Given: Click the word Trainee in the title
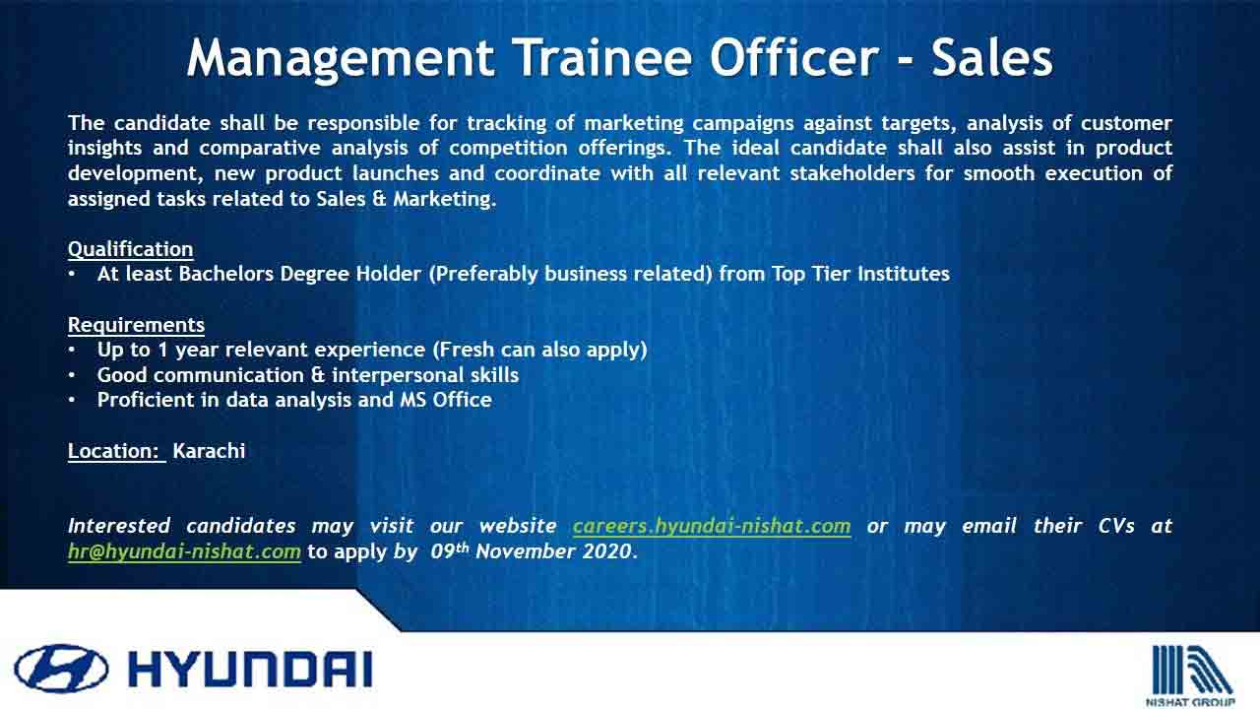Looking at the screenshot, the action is click(604, 57).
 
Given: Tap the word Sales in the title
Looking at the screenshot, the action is click(991, 57).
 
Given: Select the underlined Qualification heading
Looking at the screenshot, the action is click(131, 249).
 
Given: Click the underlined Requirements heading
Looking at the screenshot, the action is click(136, 325).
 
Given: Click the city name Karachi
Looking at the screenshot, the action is click(209, 451).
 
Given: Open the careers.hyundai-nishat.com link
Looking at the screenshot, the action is click(712, 526).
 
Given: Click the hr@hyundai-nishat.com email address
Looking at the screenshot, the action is click(184, 551).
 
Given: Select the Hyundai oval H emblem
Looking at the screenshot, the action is click(61, 669).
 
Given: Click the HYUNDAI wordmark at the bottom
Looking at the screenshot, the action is click(250, 670).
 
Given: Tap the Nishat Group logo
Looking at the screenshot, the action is click(1190, 676).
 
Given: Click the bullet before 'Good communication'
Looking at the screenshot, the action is click(72, 375).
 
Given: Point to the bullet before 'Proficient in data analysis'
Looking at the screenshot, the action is click(72, 400).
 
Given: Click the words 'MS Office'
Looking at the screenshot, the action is click(446, 400).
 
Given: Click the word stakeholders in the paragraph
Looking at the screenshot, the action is click(852, 173).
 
